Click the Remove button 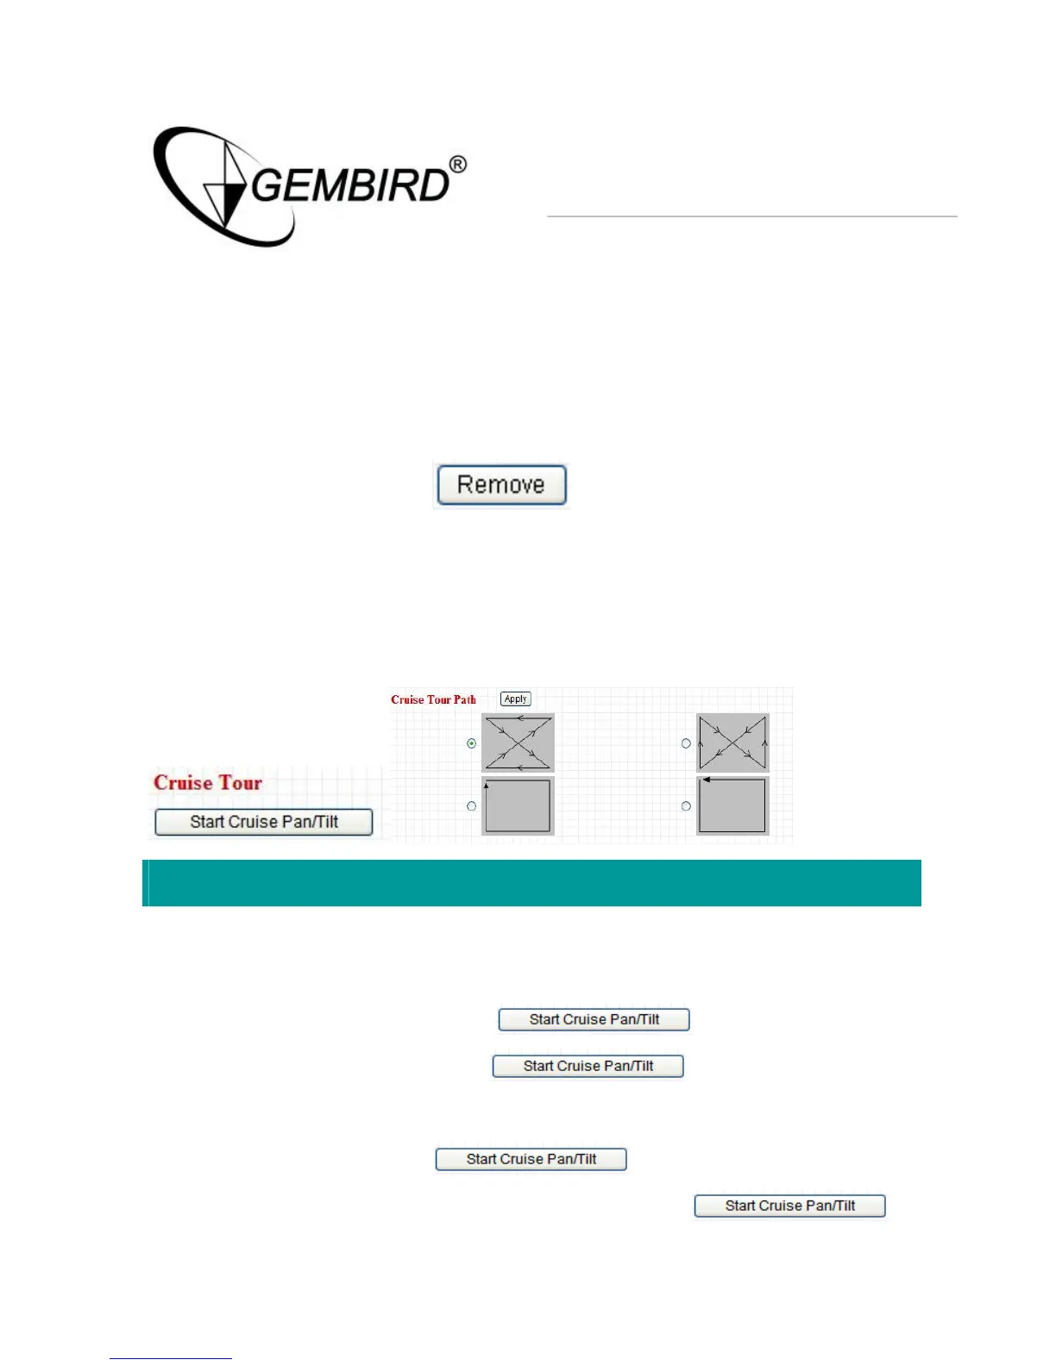(x=501, y=485)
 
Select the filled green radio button (x=471, y=743)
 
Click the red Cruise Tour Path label (x=433, y=699)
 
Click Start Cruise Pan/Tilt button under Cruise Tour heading (x=264, y=822)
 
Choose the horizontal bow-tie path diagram (x=518, y=743)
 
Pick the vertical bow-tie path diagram (x=732, y=743)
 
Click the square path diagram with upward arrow (x=518, y=806)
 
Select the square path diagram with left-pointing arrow (x=732, y=806)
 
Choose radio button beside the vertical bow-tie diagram (x=686, y=743)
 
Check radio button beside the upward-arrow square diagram (x=471, y=806)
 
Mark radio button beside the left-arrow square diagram (x=686, y=806)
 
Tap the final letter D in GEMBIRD (x=434, y=185)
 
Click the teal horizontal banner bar (x=531, y=883)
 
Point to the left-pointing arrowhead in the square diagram (x=707, y=780)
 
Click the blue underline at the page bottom (x=171, y=1358)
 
